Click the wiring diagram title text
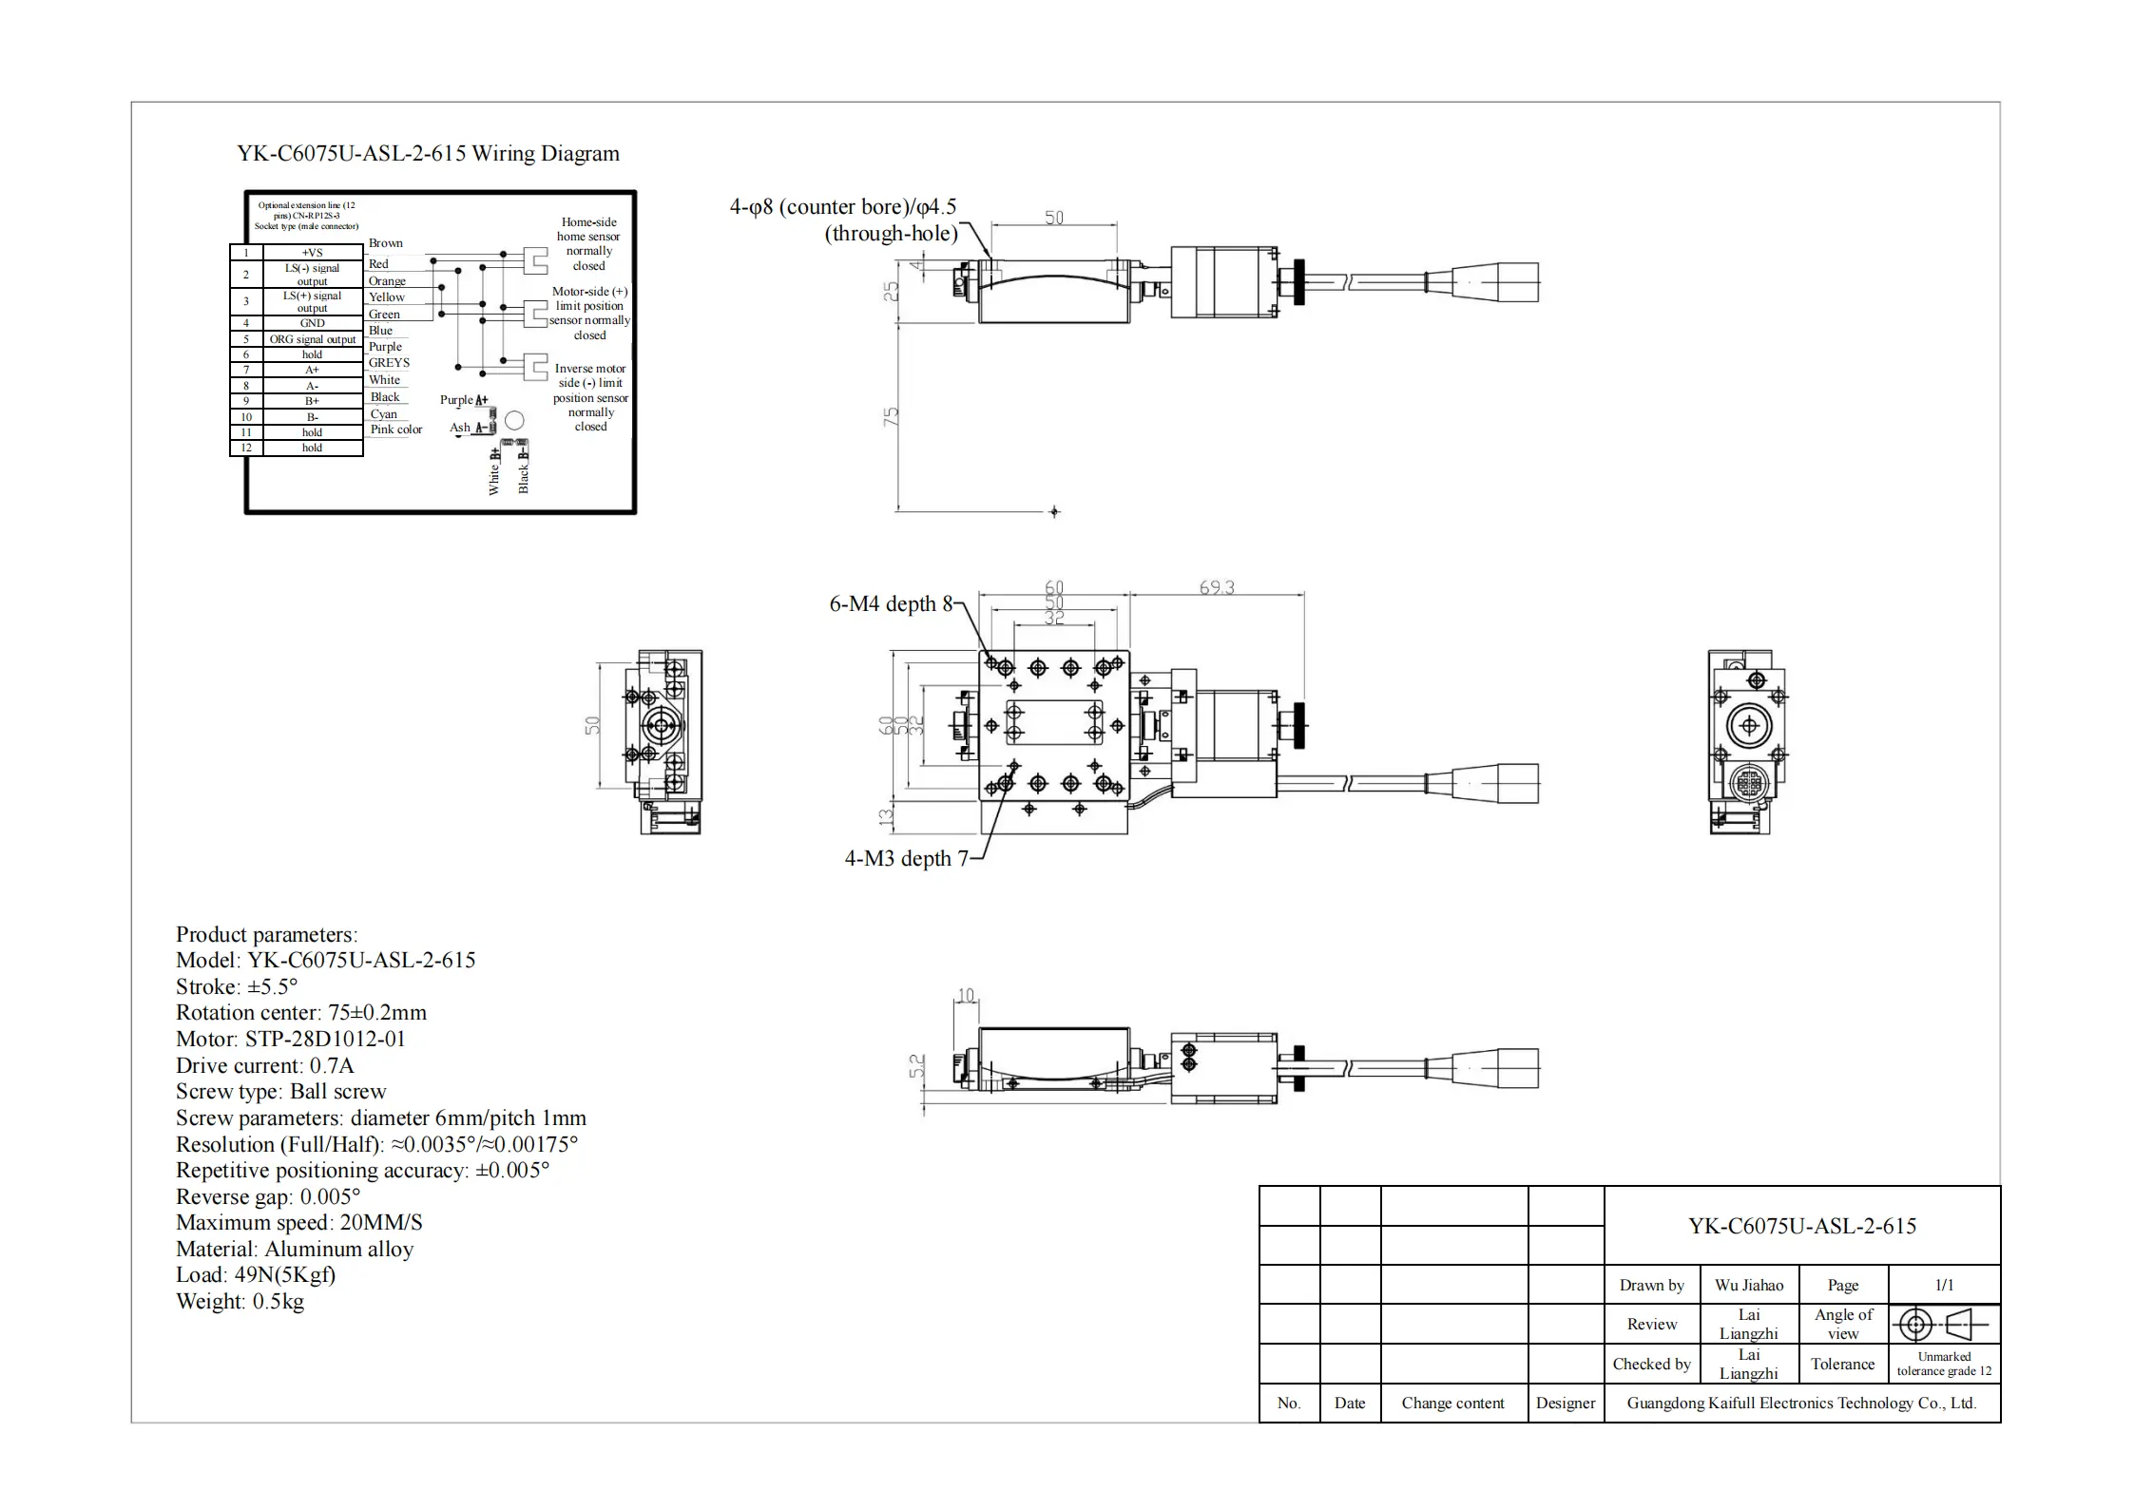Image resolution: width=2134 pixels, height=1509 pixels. coord(428,154)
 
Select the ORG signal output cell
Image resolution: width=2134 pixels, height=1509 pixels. coord(312,339)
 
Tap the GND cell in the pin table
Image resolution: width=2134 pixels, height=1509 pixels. coord(312,323)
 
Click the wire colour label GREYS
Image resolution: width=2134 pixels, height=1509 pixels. coord(389,363)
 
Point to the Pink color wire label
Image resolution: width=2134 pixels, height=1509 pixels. coord(396,430)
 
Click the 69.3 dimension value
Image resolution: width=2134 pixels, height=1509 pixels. coord(1216,588)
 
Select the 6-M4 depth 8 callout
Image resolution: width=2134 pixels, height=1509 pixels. coord(891,604)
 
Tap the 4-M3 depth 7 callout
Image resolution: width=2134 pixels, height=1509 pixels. coord(906,859)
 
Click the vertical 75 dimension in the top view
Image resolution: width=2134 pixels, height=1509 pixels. coord(891,416)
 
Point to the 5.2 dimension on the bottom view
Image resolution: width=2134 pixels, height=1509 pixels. coord(916,1066)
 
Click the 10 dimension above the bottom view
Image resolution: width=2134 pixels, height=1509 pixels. coord(966,996)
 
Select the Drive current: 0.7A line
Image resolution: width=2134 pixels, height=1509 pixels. coord(264,1066)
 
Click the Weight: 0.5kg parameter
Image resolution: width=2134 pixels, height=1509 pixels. coord(240,1302)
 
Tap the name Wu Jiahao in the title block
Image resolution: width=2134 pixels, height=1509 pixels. coord(1748,1286)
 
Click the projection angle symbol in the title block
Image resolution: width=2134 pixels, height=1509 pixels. coord(1943,1324)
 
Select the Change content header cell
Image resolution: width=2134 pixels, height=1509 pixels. coord(1452,1404)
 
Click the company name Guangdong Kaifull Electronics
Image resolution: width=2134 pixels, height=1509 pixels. coord(1801,1404)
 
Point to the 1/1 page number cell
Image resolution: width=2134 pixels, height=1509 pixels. coord(1944,1286)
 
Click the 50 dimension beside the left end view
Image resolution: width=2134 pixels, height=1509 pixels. coord(592,725)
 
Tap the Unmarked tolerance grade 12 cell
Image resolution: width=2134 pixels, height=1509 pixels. coord(1944,1364)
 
